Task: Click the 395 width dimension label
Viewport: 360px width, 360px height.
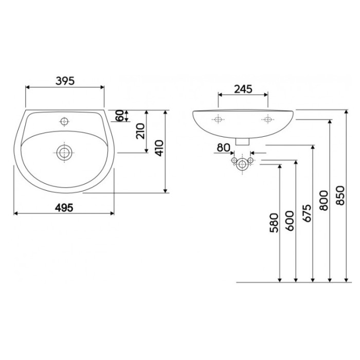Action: tap(65, 81)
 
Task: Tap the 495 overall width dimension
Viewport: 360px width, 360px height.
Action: tap(64, 208)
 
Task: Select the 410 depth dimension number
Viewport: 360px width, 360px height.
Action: tap(159, 148)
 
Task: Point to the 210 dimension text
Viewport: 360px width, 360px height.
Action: tap(140, 131)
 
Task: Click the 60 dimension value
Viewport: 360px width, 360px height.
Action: tap(120, 116)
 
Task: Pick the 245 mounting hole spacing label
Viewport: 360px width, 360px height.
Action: tap(243, 89)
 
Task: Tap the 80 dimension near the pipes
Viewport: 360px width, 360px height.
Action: tap(223, 148)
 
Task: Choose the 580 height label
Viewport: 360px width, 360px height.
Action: tap(274, 223)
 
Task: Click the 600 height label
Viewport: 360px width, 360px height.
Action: tap(289, 221)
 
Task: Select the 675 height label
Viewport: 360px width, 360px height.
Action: tap(307, 213)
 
